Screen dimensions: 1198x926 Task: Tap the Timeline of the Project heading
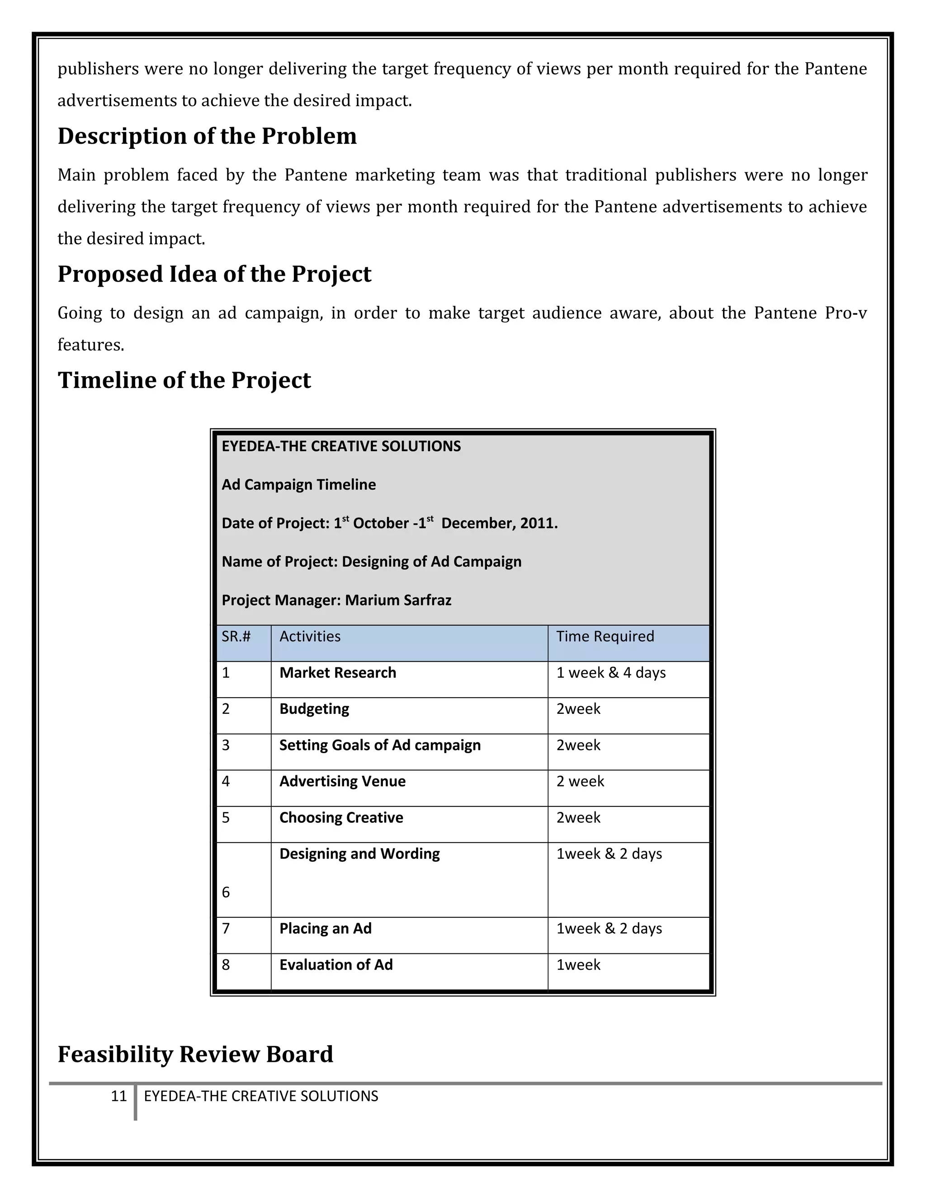(x=184, y=380)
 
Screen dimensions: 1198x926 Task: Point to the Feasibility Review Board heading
(x=195, y=1054)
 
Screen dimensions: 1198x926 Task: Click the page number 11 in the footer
(x=118, y=1096)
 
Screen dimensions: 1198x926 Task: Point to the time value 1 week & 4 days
(x=610, y=673)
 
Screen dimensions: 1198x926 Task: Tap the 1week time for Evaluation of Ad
(x=578, y=964)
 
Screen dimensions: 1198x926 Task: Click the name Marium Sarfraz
(x=398, y=600)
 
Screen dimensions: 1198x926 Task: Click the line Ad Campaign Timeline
(x=298, y=485)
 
